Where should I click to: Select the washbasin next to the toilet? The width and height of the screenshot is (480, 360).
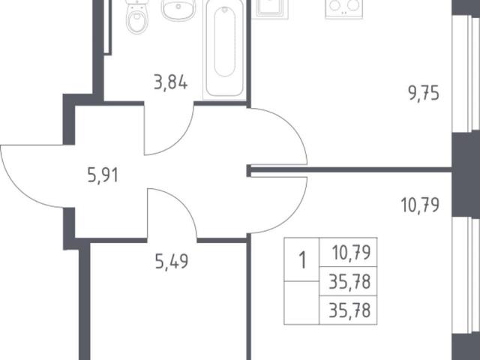pyautogui.click(x=178, y=10)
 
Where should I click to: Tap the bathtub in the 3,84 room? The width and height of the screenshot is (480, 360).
pyautogui.click(x=225, y=49)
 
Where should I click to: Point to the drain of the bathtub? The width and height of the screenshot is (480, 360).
pyautogui.click(x=225, y=10)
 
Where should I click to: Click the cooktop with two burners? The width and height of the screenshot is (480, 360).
pyautogui.click(x=343, y=8)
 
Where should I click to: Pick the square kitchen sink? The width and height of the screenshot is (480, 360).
pyautogui.click(x=270, y=8)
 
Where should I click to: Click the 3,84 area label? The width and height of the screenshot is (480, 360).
pyautogui.click(x=170, y=82)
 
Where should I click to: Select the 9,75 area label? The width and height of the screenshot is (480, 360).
pyautogui.click(x=424, y=93)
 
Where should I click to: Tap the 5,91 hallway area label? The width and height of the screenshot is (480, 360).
pyautogui.click(x=103, y=175)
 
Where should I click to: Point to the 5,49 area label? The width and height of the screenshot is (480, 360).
pyautogui.click(x=172, y=262)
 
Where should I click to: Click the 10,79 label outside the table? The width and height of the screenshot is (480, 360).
pyautogui.click(x=420, y=205)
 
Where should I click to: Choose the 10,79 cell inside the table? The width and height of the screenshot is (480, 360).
pyautogui.click(x=351, y=253)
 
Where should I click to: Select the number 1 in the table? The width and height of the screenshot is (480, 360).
pyautogui.click(x=302, y=260)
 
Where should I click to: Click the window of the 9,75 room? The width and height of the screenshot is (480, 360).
pyautogui.click(x=466, y=73)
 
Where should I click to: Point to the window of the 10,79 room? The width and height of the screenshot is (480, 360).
pyautogui.click(x=466, y=275)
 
